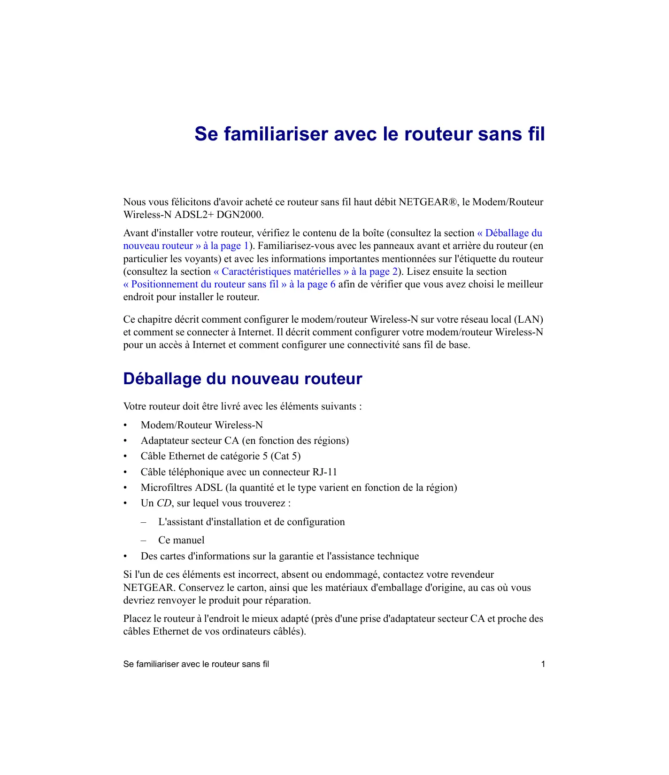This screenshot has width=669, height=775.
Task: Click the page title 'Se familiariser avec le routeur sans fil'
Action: (369, 134)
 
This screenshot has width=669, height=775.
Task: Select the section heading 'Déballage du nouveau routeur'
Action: (242, 379)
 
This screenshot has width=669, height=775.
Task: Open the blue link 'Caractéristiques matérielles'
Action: (281, 272)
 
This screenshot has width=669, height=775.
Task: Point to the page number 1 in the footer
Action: (543, 664)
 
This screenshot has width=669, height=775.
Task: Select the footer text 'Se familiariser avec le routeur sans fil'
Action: (196, 664)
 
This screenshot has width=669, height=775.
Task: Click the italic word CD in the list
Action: (164, 504)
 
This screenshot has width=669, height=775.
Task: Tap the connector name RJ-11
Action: (325, 472)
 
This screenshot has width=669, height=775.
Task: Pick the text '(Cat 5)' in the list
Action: (285, 457)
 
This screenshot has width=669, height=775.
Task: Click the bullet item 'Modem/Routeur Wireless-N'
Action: (201, 426)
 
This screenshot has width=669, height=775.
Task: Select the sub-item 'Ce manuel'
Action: (181, 541)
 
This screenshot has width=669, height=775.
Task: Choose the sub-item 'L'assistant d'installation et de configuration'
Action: (251, 522)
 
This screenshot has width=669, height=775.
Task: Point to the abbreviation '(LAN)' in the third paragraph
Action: (529, 320)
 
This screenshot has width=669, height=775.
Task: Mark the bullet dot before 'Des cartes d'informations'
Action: (125, 557)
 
